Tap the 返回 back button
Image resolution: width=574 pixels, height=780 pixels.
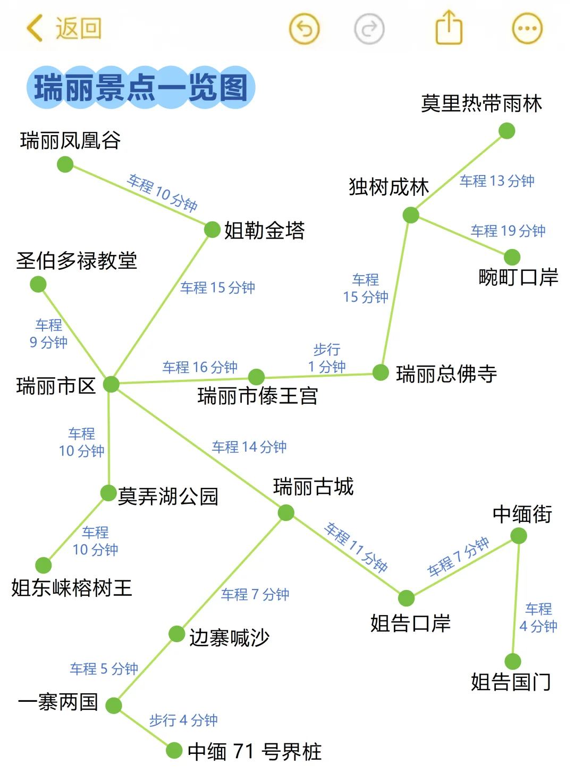[64, 28]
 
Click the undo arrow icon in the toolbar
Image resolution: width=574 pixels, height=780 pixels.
[304, 29]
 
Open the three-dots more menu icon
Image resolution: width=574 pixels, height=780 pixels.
[527, 29]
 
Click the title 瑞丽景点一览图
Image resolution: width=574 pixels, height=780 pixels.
[141, 88]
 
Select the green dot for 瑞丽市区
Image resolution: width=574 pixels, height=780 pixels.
[111, 384]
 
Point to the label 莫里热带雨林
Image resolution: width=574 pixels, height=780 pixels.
[481, 103]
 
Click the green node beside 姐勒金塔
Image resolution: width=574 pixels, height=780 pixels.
[212, 230]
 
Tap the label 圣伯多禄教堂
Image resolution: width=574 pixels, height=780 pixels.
[77, 261]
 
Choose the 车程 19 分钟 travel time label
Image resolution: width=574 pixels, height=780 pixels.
[508, 231]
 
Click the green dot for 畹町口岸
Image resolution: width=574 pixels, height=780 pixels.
[512, 257]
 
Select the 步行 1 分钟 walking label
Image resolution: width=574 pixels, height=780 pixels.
[326, 358]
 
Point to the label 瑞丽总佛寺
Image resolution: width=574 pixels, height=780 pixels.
[446, 374]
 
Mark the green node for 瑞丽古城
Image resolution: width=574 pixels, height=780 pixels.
[286, 513]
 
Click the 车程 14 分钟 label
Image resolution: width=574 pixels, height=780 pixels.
[249, 447]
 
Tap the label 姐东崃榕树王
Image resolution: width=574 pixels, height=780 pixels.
[72, 588]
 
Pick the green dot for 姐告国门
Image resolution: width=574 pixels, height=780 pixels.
[513, 661]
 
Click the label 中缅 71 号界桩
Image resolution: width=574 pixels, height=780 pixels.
[255, 752]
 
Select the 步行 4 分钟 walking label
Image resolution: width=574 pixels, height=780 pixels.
[183, 720]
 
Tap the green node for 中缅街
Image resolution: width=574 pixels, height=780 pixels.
[519, 535]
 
